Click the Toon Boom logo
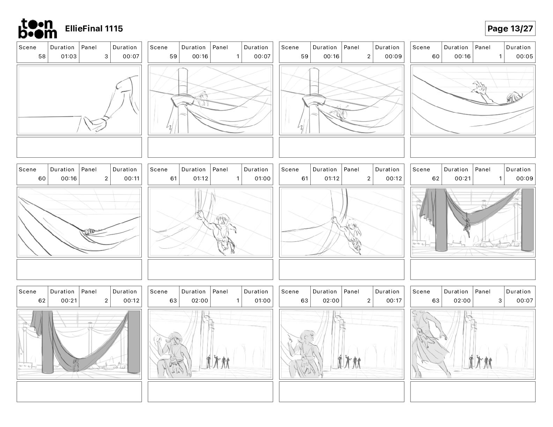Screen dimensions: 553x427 point(37,29)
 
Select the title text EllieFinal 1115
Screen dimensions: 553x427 point(94,29)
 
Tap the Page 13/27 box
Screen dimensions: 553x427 point(510,29)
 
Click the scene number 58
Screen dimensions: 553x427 point(42,56)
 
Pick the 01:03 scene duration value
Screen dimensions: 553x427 point(69,56)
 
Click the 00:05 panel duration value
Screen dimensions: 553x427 point(524,56)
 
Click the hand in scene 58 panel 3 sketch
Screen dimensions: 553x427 point(95,124)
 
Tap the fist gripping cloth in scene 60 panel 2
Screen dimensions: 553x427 point(89,232)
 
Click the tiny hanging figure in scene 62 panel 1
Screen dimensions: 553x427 point(467,228)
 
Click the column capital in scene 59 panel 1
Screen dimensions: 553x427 point(183,99)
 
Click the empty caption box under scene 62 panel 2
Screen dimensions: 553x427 point(79,392)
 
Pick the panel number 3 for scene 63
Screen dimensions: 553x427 point(500,301)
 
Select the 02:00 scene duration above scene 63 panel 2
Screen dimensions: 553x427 point(331,301)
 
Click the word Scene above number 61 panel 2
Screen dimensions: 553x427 point(290,170)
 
